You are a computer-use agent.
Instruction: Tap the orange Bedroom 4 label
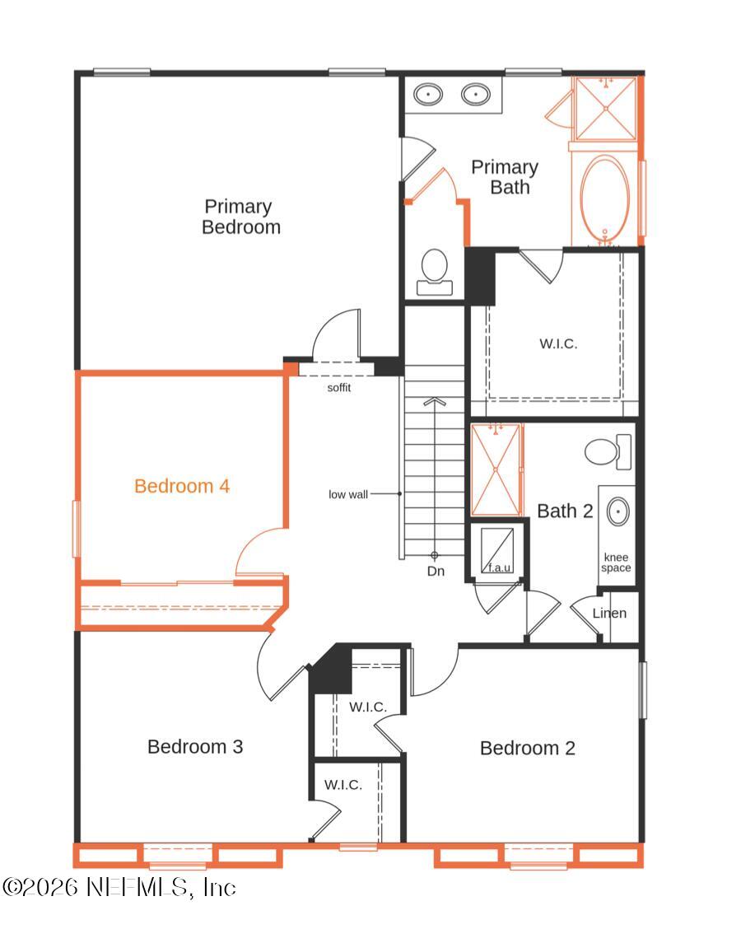pyautogui.click(x=182, y=486)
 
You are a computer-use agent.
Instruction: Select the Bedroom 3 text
pyautogui.click(x=195, y=747)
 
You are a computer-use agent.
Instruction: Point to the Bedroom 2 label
pyautogui.click(x=528, y=748)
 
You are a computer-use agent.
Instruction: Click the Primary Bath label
pyautogui.click(x=505, y=177)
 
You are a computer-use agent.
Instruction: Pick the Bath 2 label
pyautogui.click(x=565, y=511)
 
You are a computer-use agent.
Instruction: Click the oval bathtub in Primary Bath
pyautogui.click(x=605, y=198)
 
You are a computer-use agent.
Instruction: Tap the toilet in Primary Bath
pyautogui.click(x=433, y=271)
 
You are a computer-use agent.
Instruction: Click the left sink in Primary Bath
pyautogui.click(x=428, y=94)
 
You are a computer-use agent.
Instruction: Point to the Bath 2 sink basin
pyautogui.click(x=618, y=511)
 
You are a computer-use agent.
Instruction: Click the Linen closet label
pyautogui.click(x=609, y=613)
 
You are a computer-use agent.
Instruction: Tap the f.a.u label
pyautogui.click(x=497, y=567)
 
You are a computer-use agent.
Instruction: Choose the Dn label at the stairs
pyautogui.click(x=436, y=571)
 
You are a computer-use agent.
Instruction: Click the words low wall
pyautogui.click(x=348, y=494)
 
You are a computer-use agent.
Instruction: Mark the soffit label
pyautogui.click(x=339, y=387)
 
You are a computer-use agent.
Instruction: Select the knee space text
pyautogui.click(x=616, y=563)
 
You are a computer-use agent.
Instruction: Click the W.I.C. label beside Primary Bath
pyautogui.click(x=558, y=343)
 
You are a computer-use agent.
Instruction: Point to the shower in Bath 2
pyautogui.click(x=496, y=469)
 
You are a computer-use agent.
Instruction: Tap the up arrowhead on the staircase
pyautogui.click(x=435, y=401)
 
